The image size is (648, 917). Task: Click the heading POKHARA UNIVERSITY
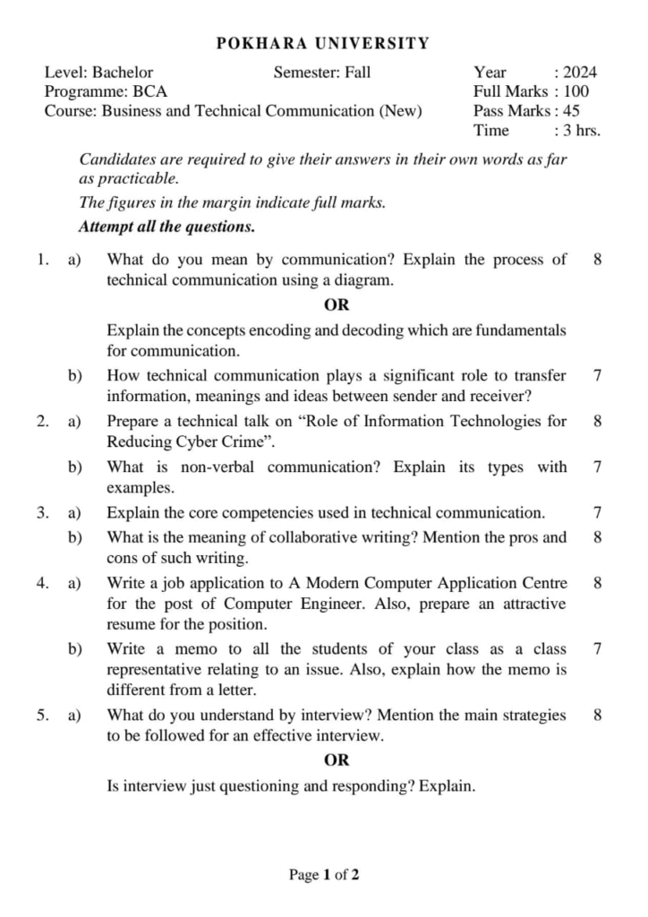pyautogui.click(x=323, y=43)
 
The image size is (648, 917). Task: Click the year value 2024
pyautogui.click(x=580, y=73)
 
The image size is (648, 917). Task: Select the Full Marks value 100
pyautogui.click(x=576, y=91)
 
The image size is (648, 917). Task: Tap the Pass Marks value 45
pyautogui.click(x=571, y=111)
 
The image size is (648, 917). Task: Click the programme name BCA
pyautogui.click(x=149, y=91)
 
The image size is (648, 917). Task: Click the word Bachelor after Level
pyautogui.click(x=123, y=73)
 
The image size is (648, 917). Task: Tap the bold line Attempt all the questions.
pyautogui.click(x=167, y=227)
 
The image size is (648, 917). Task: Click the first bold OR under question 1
pyautogui.click(x=337, y=304)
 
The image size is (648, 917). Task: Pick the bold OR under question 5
pyautogui.click(x=337, y=760)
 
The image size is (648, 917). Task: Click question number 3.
pyautogui.click(x=42, y=513)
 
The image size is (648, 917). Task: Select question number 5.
pyautogui.click(x=42, y=715)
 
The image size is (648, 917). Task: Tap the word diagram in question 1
pyautogui.click(x=364, y=279)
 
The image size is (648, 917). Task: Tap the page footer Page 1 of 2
pyautogui.click(x=324, y=875)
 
